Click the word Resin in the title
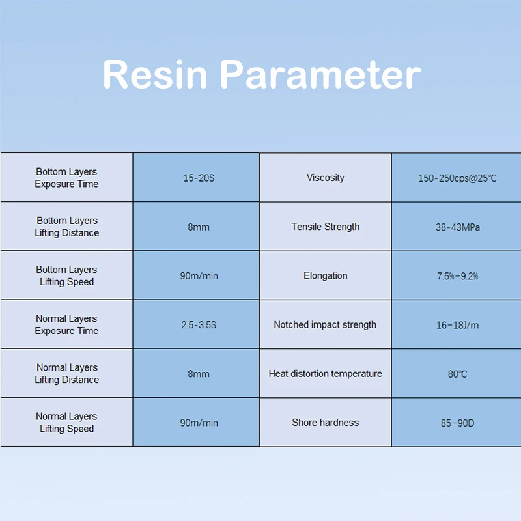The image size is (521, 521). (x=155, y=74)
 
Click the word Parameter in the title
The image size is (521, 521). (x=320, y=74)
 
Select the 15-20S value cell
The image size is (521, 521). (x=199, y=178)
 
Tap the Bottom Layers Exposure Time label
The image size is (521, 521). (x=66, y=178)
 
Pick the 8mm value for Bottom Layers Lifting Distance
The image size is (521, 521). (x=199, y=227)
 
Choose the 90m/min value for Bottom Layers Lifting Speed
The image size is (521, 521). (x=199, y=275)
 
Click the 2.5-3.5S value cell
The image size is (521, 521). (x=199, y=324)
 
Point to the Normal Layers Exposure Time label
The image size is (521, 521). (x=66, y=324)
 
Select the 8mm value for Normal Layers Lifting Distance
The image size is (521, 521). (x=199, y=374)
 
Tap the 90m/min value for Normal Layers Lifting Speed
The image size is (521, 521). (x=199, y=423)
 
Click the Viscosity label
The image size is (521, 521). (x=325, y=178)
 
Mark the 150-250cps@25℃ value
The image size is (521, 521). (x=458, y=178)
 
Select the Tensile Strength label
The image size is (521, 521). (x=325, y=227)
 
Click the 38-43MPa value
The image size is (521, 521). (x=458, y=227)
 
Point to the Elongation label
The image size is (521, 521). (x=325, y=275)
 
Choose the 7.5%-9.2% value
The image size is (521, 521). (x=458, y=276)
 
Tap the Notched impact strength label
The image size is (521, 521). (x=325, y=324)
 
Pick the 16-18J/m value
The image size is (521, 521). (x=458, y=325)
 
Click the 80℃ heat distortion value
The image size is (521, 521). (x=458, y=374)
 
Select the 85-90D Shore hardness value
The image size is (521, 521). (x=458, y=423)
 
